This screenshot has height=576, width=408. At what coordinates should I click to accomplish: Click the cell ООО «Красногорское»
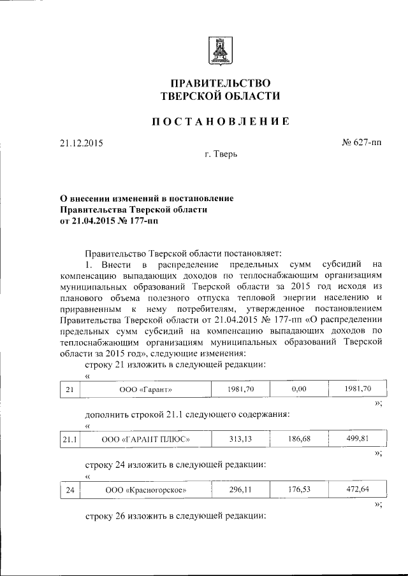(147, 490)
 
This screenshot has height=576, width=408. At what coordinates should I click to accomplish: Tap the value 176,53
(299, 490)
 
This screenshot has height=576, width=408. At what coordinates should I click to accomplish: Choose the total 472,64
(357, 490)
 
